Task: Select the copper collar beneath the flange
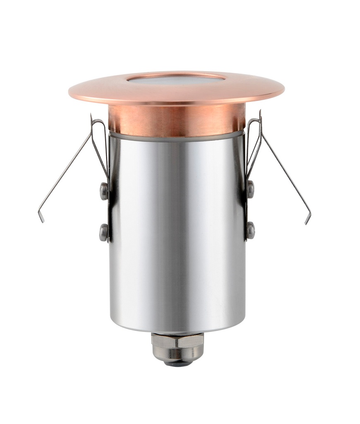pos(176,120)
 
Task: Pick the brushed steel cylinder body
pos(176,232)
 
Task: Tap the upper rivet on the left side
pos(104,191)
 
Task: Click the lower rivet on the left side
pos(103,232)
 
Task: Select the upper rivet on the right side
pos(250,189)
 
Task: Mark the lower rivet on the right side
pos(250,231)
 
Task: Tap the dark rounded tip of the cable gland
pos(177,363)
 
